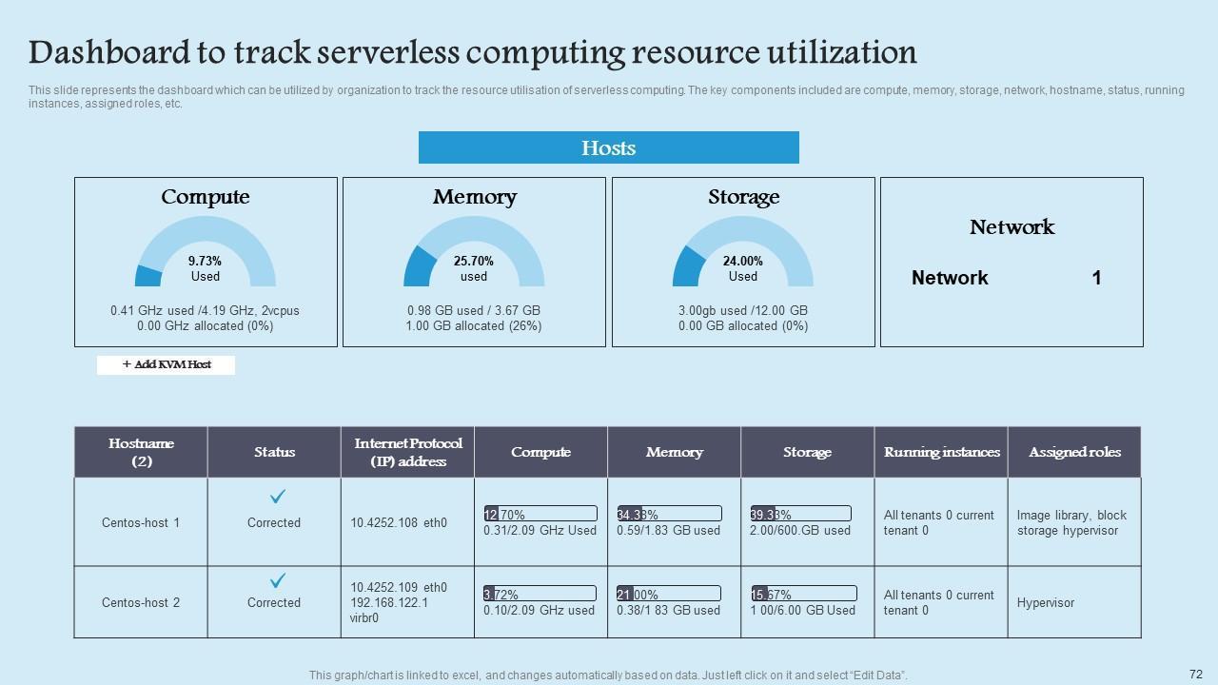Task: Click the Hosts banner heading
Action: click(x=608, y=147)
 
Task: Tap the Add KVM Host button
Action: click(x=167, y=364)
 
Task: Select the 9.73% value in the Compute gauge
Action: click(x=205, y=260)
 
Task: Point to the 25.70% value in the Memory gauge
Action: click(x=474, y=260)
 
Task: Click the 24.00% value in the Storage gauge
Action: click(x=743, y=260)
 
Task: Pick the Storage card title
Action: click(x=743, y=197)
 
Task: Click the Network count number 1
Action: click(x=1096, y=278)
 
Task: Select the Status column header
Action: click(x=274, y=452)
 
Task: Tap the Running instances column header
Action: click(x=941, y=452)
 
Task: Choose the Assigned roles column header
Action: click(x=1074, y=452)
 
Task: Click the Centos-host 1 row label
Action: click(x=141, y=522)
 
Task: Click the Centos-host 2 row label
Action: click(x=141, y=602)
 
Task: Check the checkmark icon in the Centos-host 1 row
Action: click(x=278, y=497)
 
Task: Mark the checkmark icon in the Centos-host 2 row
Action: click(x=278, y=579)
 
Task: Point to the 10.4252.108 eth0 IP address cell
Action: click(x=399, y=522)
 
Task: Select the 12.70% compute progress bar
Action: click(x=540, y=514)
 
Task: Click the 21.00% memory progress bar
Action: click(x=669, y=594)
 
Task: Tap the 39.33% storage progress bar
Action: click(x=800, y=514)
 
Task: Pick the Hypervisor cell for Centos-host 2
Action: click(x=1045, y=602)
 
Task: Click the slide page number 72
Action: click(x=1196, y=673)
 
